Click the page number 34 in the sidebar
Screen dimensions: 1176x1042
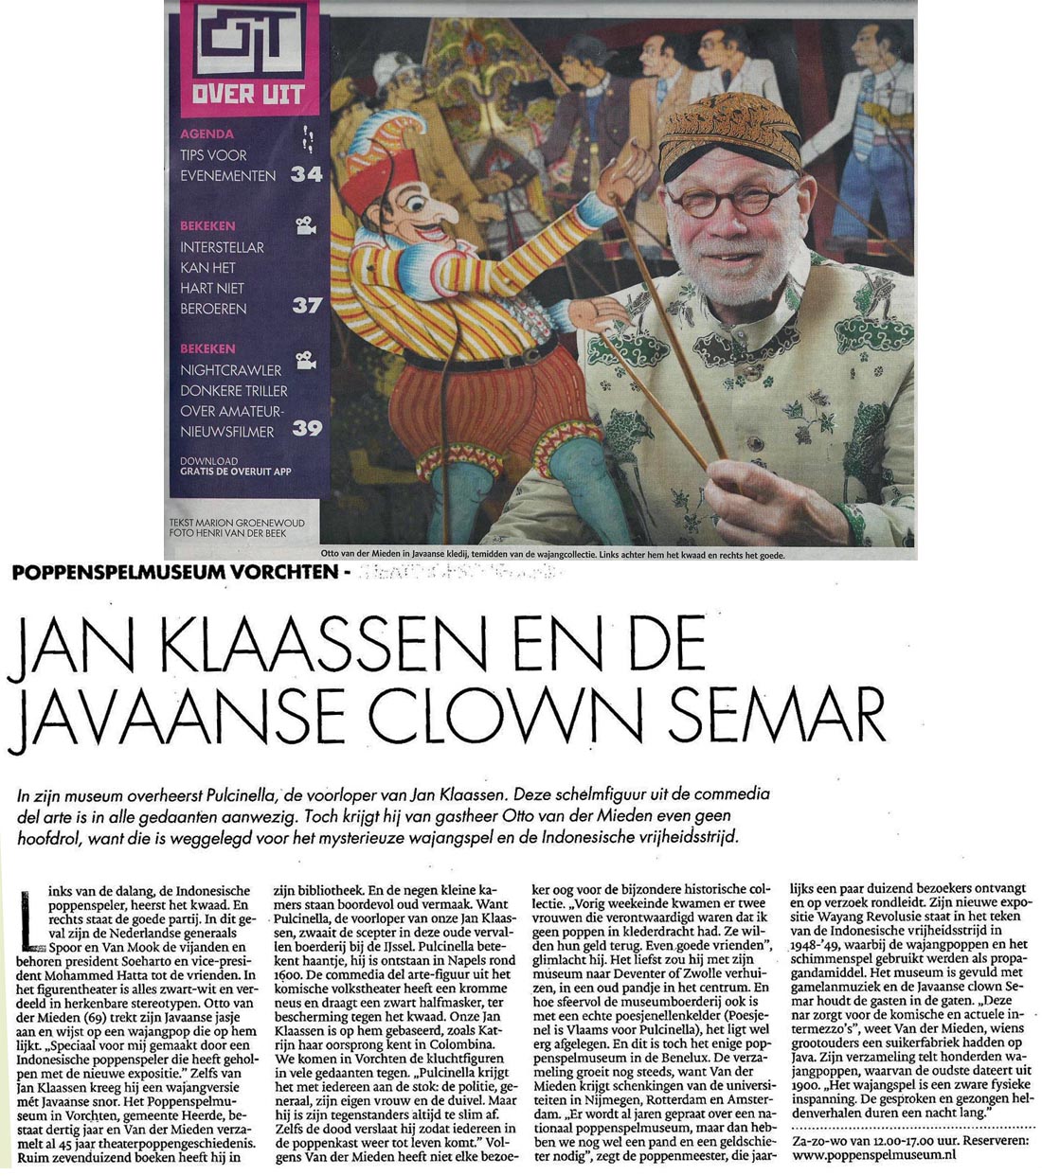pos(306,174)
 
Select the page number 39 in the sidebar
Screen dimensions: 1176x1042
pos(307,428)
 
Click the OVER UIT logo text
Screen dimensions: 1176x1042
pos(248,94)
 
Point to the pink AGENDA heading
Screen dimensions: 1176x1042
pos(207,134)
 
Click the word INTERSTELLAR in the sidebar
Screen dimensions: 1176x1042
pos(222,247)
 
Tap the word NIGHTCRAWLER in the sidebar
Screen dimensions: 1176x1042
pos(230,370)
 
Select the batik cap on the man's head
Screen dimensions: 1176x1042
pos(728,134)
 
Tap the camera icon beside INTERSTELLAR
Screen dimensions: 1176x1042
pos(305,225)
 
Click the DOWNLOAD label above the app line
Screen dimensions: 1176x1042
pos(208,461)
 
